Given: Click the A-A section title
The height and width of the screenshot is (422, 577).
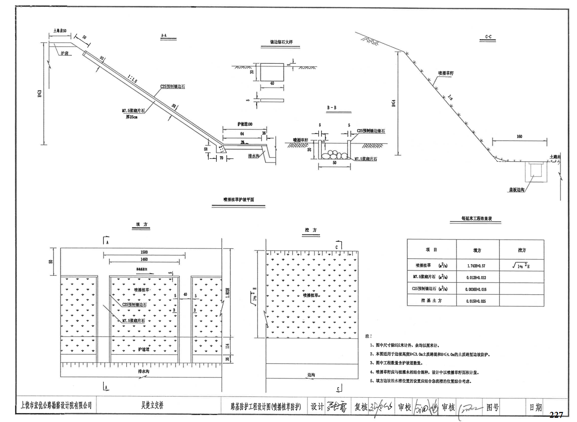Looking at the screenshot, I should click(x=164, y=36).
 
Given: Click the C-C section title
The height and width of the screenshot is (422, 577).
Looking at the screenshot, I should click(x=488, y=37).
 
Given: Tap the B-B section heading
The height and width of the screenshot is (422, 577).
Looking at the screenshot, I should click(x=331, y=108).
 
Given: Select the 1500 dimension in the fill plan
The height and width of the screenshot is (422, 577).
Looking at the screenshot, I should click(x=144, y=252).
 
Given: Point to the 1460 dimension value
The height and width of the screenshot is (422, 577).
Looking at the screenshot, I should click(x=144, y=259).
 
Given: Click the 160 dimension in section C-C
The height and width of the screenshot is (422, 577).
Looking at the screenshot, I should click(x=519, y=137).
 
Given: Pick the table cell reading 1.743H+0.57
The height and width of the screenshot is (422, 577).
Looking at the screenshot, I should click(x=476, y=266).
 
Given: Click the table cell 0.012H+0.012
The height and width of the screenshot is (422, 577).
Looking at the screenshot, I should click(x=476, y=277).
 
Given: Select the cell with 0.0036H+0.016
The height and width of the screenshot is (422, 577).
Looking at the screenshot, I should click(x=476, y=289).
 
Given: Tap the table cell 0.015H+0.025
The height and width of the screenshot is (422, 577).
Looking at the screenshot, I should click(x=476, y=301).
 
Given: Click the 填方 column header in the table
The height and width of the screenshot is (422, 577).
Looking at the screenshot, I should click(x=477, y=250).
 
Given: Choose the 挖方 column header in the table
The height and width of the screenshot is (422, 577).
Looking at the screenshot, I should click(x=522, y=250).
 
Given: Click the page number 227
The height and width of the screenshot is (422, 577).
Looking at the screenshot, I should click(x=556, y=415).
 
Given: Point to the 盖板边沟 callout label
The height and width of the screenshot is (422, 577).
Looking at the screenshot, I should click(x=517, y=190).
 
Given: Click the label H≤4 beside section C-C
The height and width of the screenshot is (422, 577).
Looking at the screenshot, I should click(x=393, y=103).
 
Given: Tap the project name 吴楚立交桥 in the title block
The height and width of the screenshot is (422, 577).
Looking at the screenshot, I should click(x=152, y=405).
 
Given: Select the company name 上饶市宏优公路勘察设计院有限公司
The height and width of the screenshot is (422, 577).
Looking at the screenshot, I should click(x=57, y=405).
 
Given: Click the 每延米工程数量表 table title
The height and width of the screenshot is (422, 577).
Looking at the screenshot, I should click(x=476, y=219).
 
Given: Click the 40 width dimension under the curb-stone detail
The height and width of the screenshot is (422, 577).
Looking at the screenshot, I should click(x=272, y=84).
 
